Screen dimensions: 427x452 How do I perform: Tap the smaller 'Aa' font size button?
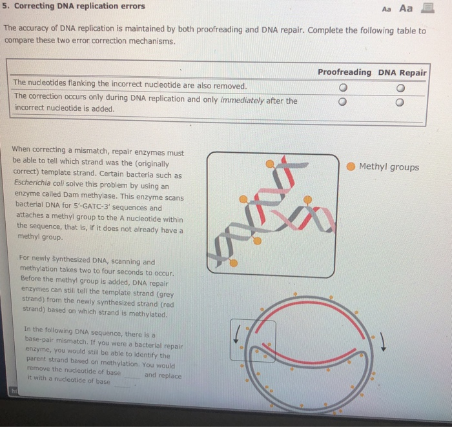click(387, 9)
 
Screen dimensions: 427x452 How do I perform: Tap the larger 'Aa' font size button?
click(406, 8)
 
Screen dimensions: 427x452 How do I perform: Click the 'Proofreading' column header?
click(344, 72)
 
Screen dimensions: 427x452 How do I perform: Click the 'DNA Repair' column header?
click(402, 72)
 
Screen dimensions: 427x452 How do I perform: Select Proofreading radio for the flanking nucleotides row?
click(344, 88)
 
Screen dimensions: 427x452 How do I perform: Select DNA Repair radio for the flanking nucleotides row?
click(402, 88)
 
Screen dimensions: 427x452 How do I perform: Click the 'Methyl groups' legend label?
click(389, 167)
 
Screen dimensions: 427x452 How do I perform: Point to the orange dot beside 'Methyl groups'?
click(350, 167)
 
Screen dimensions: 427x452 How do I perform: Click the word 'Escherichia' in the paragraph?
click(37, 184)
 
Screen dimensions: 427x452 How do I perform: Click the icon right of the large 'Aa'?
click(427, 8)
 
